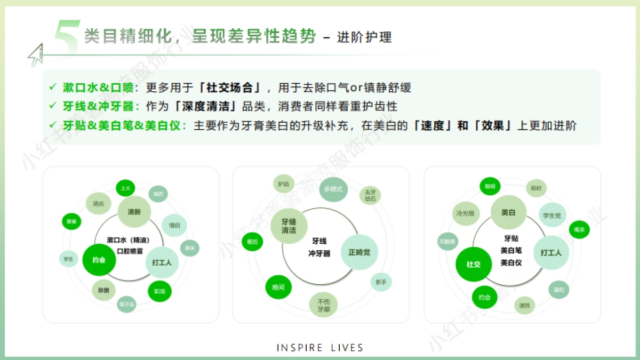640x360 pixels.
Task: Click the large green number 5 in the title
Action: (67, 37)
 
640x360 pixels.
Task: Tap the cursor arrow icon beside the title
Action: (35, 55)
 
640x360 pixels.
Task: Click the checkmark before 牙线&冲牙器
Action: (52, 106)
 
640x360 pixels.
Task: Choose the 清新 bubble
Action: (134, 212)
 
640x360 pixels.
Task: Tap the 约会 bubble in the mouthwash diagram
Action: (99, 260)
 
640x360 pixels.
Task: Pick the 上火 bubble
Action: (125, 188)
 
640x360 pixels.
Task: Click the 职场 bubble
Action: (159, 291)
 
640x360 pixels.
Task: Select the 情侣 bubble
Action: (174, 225)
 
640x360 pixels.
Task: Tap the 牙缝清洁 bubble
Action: (289, 226)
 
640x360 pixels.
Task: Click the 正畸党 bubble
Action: (359, 252)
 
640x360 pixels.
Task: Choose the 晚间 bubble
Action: (278, 287)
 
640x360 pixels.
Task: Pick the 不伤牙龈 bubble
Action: (324, 305)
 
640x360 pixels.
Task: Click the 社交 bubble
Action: (474, 264)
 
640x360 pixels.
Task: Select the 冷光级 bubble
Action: (465, 213)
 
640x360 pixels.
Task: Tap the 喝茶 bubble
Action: (579, 229)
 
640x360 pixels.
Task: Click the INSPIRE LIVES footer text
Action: (320, 348)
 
